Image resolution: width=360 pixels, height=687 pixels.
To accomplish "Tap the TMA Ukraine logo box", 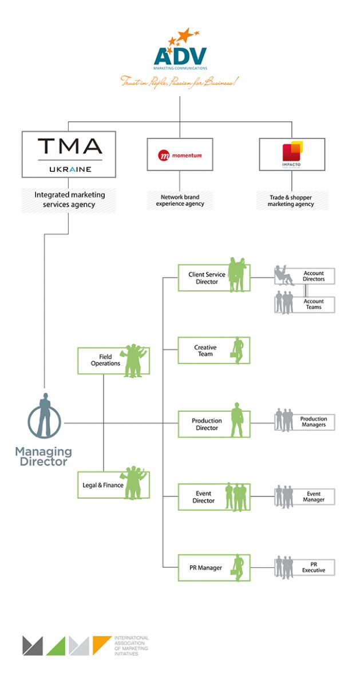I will point(69,154).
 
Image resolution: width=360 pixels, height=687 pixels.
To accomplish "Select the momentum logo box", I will point(180,154).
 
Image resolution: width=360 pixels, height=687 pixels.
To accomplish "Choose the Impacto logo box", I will point(291,154).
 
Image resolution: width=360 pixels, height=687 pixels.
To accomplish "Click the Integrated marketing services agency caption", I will point(69,199).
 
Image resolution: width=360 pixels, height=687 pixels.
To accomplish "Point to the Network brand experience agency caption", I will point(180,200).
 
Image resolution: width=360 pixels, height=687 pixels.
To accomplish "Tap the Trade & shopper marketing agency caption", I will point(291,200).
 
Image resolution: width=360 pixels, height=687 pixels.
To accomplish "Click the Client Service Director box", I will point(213,278).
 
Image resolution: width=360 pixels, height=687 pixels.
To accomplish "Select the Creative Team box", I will point(213,350).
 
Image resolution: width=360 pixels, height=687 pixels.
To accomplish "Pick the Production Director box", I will point(213,424).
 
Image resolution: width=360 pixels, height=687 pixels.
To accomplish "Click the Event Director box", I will point(213,497).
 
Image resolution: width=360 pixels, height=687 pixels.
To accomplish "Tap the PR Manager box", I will point(213,568).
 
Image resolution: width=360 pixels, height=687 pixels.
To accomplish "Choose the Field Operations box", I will point(113,361).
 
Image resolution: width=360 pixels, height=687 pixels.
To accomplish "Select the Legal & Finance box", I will point(113,485).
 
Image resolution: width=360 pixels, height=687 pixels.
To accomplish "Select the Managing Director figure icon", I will point(43,416).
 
